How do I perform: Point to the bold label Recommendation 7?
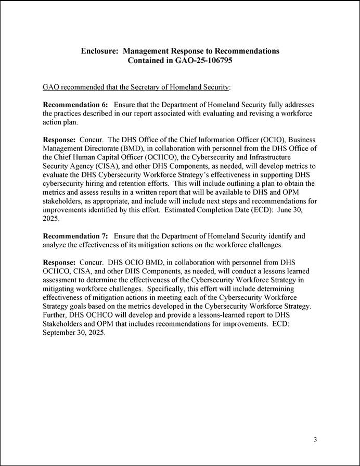tap(75, 236)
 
